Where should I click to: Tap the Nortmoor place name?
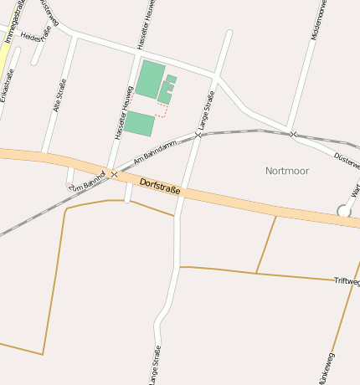click(287, 171)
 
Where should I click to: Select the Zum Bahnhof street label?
click(87, 181)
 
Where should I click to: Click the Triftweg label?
click(347, 281)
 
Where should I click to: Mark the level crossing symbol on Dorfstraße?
click(113, 174)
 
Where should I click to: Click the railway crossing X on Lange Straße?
click(198, 135)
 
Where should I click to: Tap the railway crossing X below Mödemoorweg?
click(292, 134)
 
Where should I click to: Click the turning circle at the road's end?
click(343, 211)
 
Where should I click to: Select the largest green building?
click(151, 79)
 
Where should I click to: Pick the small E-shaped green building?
click(167, 89)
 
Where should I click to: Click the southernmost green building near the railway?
click(139, 124)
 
